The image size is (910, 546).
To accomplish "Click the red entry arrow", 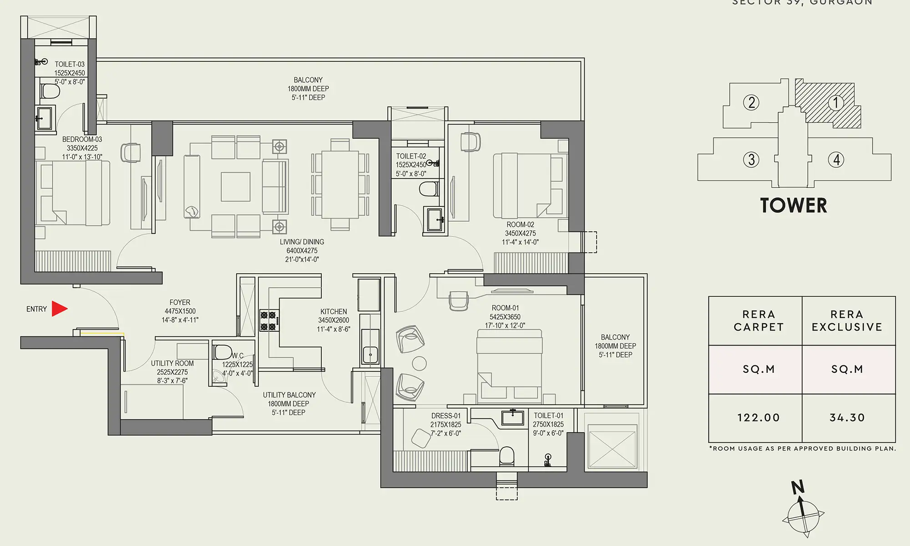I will click(x=59, y=309).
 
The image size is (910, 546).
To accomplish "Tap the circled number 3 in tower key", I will click(x=751, y=160).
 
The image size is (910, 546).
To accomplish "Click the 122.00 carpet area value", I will click(x=758, y=417).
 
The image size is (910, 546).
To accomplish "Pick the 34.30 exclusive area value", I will click(x=847, y=417).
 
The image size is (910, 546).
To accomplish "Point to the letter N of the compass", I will click(x=798, y=487).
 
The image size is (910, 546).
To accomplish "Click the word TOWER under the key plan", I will click(x=794, y=205).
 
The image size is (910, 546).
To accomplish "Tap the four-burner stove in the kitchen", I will click(x=269, y=321).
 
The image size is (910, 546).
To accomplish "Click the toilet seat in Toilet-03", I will click(x=50, y=91).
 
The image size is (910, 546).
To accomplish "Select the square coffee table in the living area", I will click(x=235, y=186).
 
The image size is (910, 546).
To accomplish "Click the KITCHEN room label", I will click(x=334, y=311).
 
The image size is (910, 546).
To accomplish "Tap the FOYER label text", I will click(x=180, y=302).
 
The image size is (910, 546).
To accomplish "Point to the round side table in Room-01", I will click(x=419, y=363).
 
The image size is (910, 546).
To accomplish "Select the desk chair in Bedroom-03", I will click(x=131, y=152).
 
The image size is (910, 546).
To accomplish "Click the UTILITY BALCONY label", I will click(x=289, y=395).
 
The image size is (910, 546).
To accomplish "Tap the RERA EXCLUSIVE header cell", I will click(x=847, y=321).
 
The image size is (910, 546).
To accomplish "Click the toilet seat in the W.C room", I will click(x=223, y=352).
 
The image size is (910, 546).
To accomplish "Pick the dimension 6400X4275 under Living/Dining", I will click(x=302, y=250).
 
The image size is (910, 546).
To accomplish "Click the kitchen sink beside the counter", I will click(x=370, y=352).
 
